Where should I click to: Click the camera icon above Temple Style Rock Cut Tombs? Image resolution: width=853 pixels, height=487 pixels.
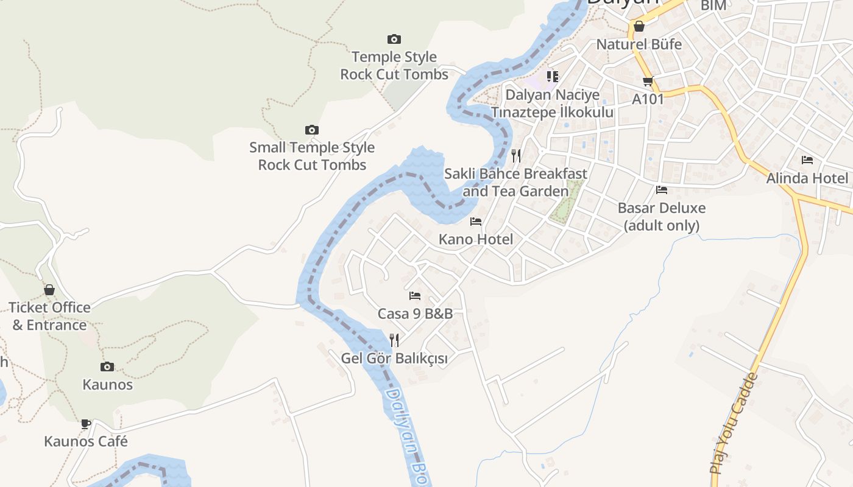pos(394,39)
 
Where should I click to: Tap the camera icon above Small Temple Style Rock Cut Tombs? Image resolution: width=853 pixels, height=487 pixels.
pos(312,130)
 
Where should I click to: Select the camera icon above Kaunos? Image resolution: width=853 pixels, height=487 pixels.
pos(107,366)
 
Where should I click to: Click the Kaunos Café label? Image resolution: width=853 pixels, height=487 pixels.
pos(86,441)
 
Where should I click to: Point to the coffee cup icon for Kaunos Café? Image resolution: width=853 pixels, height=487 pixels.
pos(86,424)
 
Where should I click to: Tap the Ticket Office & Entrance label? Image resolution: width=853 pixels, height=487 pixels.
pos(49,316)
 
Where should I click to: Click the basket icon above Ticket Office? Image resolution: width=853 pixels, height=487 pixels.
pos(49,290)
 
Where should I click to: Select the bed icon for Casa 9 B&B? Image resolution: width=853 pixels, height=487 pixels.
pos(415,296)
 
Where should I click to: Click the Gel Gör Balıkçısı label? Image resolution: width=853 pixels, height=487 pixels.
pos(394,359)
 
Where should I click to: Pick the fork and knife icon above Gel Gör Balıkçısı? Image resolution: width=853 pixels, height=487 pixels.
pos(394,340)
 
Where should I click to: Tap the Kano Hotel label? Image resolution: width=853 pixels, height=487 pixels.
pos(476,239)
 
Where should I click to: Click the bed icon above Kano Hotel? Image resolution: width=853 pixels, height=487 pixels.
pos(476,222)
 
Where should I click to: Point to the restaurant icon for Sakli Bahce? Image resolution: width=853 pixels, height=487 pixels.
pos(516,156)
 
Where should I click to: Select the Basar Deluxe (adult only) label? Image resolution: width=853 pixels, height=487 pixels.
pos(662,217)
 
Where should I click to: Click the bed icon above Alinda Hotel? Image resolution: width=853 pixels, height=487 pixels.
pos(807,160)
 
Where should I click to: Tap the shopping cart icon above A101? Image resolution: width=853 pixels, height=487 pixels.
pos(648,81)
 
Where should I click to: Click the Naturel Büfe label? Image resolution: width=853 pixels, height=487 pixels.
pos(639,44)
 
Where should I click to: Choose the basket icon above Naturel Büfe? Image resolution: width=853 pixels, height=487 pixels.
pos(639,26)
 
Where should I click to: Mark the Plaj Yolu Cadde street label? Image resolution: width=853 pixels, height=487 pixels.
pos(735,423)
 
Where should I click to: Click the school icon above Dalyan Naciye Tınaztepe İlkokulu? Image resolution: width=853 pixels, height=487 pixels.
pos(553,76)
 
